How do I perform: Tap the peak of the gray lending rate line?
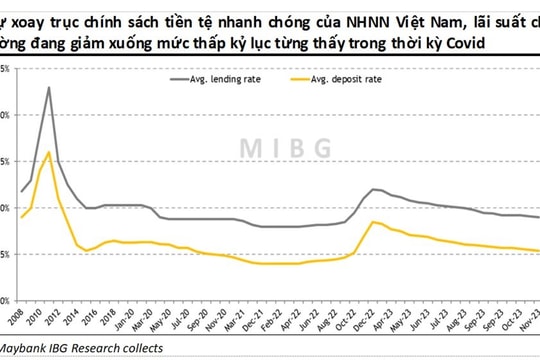(49, 88)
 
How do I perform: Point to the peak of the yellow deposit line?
(49, 152)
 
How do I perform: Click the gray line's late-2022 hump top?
(374, 189)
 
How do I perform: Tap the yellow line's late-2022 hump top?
(374, 221)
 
